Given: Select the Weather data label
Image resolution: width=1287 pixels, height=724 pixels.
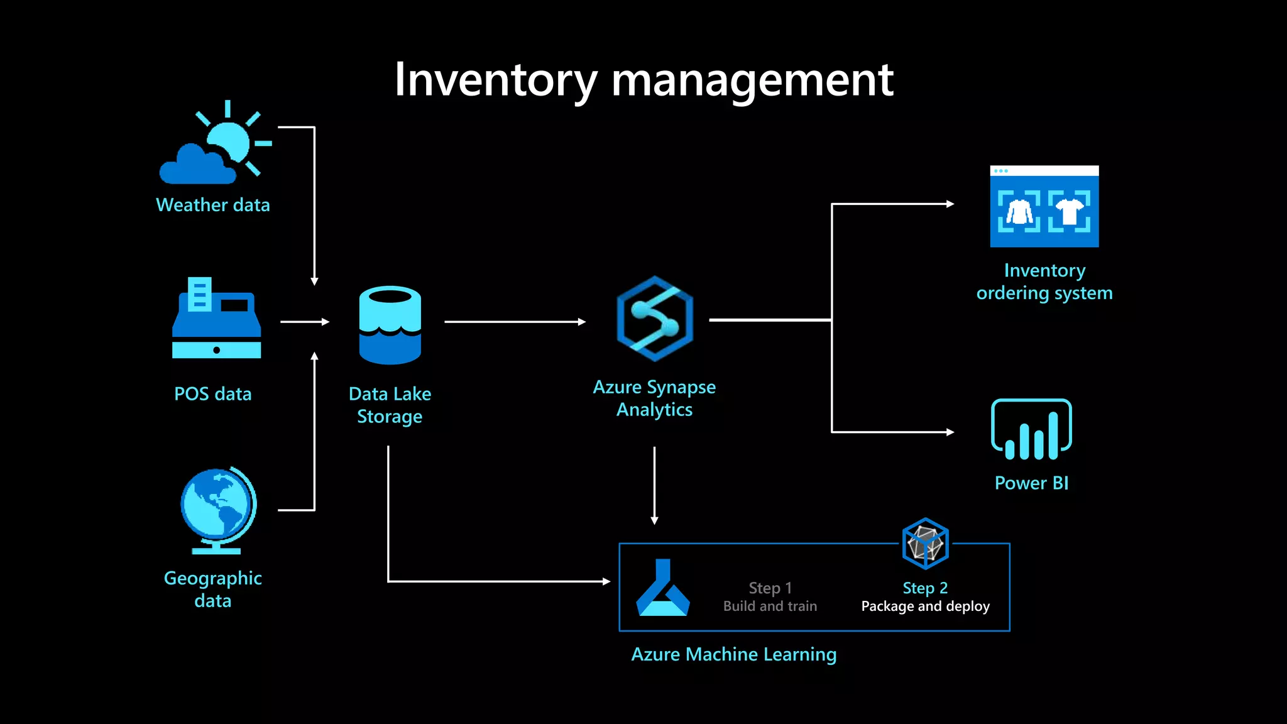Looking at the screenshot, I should tap(213, 205).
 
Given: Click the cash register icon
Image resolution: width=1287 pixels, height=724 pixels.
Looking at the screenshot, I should tap(216, 319).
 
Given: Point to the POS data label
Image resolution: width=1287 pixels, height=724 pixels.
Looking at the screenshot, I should tap(213, 394).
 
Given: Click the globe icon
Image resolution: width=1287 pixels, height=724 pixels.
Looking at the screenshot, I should tap(217, 509).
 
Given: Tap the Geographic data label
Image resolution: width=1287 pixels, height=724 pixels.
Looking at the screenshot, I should tap(213, 589).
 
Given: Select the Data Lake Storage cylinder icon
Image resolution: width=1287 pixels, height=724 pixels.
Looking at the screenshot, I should tap(390, 325).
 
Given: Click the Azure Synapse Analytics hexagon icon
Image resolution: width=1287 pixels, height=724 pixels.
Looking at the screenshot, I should tap(655, 319).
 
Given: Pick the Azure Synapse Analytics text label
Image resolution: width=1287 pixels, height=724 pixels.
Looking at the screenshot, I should tap(654, 398).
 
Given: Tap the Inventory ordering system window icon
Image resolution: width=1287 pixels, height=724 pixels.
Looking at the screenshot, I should tap(1044, 206).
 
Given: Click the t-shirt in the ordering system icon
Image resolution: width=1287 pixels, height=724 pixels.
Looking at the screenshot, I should tap(1069, 211).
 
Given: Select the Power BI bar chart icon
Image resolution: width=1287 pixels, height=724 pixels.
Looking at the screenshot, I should tap(1031, 430).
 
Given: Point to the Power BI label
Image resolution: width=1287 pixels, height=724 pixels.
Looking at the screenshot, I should tap(1031, 483).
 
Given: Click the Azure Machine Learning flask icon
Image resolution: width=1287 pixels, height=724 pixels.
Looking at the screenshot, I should tap(663, 588).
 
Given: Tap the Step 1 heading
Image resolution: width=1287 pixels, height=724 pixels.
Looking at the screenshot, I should tap(770, 588).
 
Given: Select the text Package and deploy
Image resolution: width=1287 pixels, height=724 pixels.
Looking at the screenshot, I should tap(925, 606).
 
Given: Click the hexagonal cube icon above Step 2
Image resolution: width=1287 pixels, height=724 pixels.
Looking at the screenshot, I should tap(925, 543).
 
